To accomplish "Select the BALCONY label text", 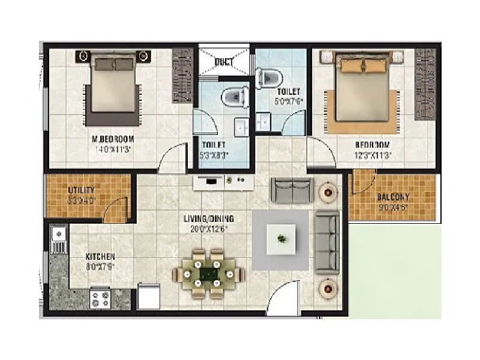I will click(393, 197).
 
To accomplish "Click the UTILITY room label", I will click(82, 190).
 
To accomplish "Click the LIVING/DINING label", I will click(209, 218).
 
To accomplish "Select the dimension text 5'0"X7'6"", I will click(289, 101).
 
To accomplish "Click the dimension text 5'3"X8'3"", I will click(215, 155).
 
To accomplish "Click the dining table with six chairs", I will click(209, 274).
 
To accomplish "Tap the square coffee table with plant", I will click(281, 239).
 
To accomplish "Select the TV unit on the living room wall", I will click(216, 181).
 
